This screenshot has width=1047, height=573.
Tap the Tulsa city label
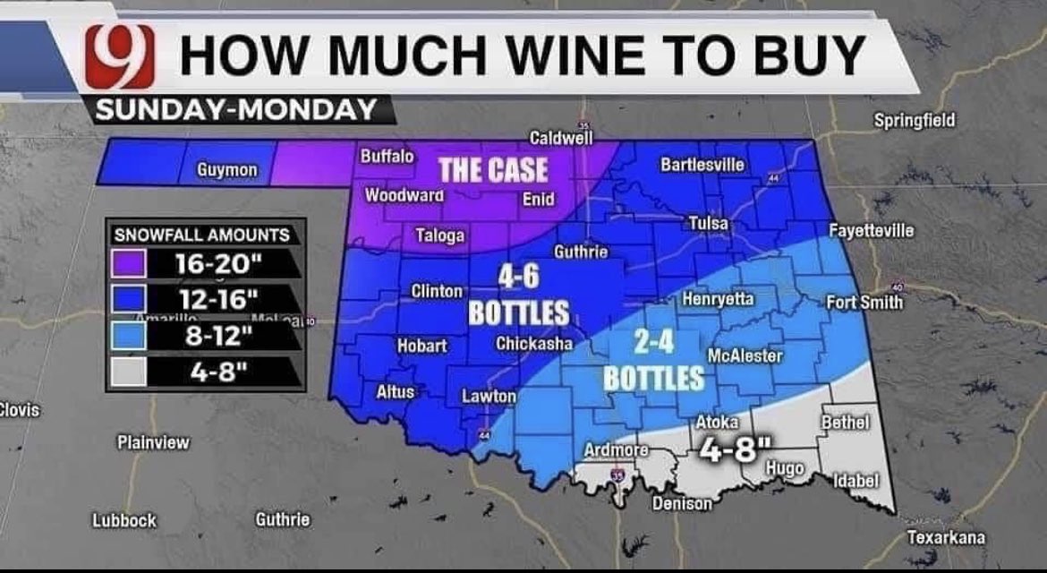pos(708,223)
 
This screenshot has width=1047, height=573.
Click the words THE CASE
pos(492,170)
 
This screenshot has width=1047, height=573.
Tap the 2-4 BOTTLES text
pos(653,360)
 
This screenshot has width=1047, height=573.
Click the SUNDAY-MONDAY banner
pos(235,110)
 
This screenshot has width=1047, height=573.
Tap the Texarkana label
pos(946,537)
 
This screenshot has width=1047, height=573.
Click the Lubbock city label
pos(124,520)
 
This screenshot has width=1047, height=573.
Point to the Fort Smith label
pos(864,302)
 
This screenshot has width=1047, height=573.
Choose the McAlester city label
pos(745,355)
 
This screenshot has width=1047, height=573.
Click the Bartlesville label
pos(702,165)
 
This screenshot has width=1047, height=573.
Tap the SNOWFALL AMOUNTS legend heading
pos(202,235)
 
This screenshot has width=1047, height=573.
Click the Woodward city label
pos(405,194)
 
